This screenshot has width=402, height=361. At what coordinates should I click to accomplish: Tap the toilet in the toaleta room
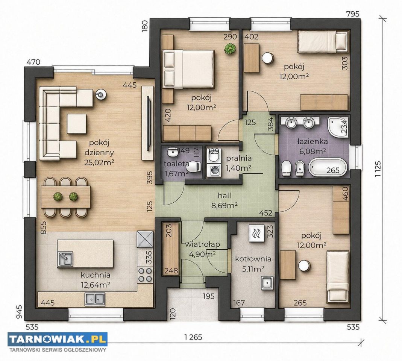194,167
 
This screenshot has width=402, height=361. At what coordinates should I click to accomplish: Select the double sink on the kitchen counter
95,299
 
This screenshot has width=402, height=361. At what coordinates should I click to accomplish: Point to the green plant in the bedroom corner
230,49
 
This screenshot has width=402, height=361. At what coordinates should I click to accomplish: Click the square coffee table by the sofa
77,124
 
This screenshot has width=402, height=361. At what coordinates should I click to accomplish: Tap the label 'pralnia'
239,158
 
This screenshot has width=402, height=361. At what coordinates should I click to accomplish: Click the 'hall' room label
225,196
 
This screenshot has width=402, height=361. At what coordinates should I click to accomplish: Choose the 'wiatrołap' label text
203,244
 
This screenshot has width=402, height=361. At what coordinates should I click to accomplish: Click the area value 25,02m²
99,162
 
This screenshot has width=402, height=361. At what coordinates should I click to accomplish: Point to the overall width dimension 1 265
193,337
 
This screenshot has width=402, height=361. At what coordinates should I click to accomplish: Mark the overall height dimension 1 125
378,169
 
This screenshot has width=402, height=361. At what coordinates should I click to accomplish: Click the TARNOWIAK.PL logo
58,339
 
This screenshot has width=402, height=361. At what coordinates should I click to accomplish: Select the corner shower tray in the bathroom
338,127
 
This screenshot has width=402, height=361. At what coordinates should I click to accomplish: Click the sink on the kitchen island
65,259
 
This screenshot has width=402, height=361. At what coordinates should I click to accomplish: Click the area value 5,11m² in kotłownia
253,269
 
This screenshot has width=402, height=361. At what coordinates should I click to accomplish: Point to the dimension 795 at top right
353,14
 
